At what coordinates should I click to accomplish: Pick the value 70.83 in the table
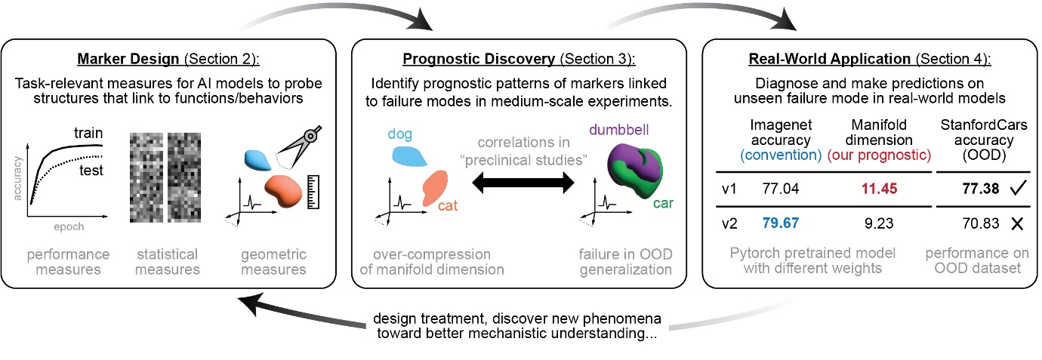coord(969,223)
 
